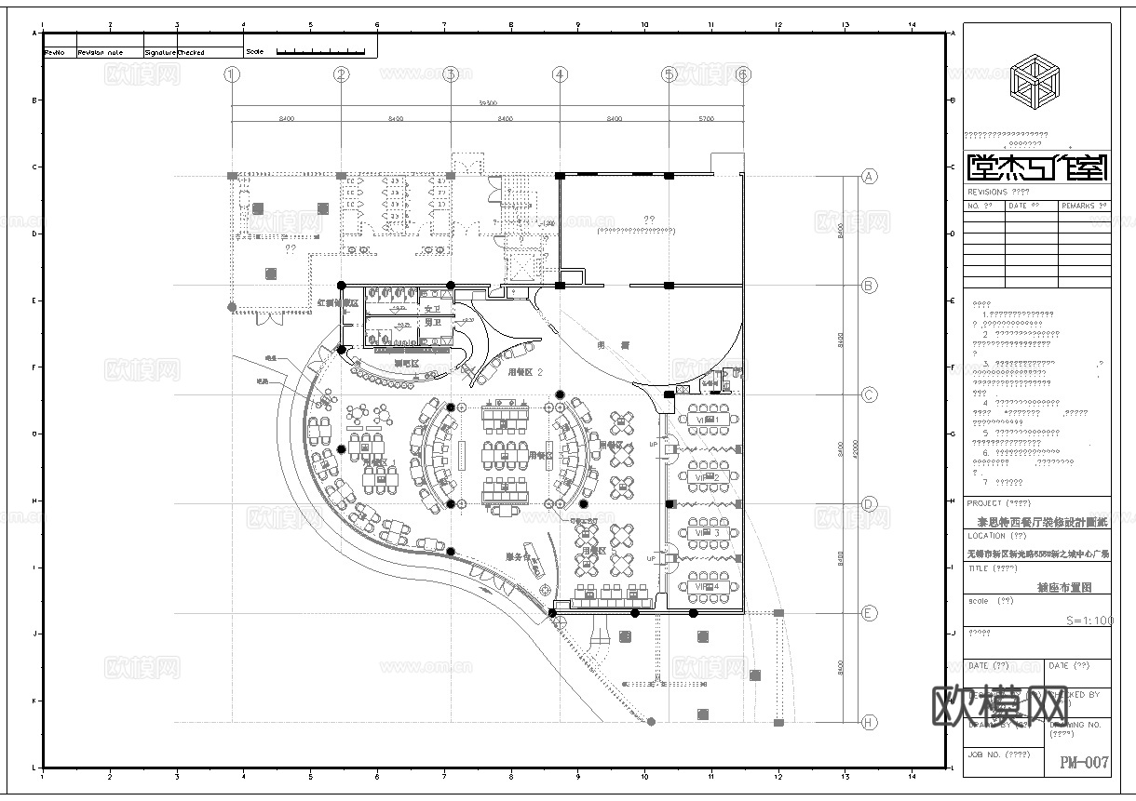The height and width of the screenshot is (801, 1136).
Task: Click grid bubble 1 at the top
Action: [x=232, y=74]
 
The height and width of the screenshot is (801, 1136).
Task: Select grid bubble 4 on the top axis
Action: [x=559, y=74]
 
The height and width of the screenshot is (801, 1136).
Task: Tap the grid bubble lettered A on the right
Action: [x=869, y=176]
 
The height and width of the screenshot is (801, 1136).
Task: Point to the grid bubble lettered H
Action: [x=869, y=722]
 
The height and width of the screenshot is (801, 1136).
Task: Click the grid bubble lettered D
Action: [x=869, y=504]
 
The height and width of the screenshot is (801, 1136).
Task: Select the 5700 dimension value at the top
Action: [x=706, y=118]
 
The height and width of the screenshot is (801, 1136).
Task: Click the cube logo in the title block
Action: [x=1035, y=77]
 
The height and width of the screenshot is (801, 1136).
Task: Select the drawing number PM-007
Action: [x=1084, y=763]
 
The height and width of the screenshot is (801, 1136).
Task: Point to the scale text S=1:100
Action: [x=1088, y=620]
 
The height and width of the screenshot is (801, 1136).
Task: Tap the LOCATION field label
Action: [x=986, y=536]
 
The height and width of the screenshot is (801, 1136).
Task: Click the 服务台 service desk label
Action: [x=518, y=557]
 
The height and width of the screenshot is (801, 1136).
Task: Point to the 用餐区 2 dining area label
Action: [x=525, y=371]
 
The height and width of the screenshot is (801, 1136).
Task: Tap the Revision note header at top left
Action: [x=101, y=53]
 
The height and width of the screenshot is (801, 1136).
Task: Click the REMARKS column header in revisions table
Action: [x=1084, y=205]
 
